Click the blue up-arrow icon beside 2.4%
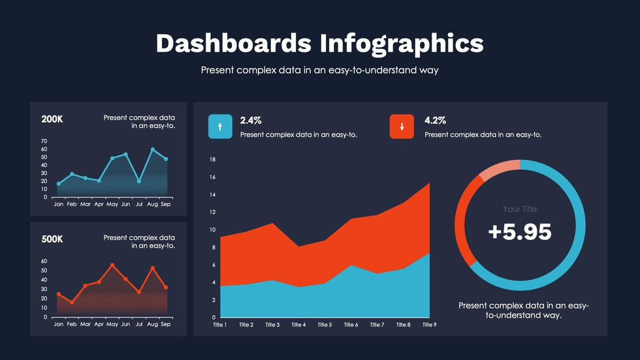pyautogui.click(x=220, y=127)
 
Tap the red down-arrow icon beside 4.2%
pyautogui.click(x=402, y=127)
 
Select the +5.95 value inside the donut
pyautogui.click(x=520, y=232)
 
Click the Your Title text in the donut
pyautogui.click(x=520, y=209)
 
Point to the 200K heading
pyautogui.click(x=52, y=120)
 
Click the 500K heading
pyautogui.click(x=52, y=239)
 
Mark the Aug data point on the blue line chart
pyautogui.click(x=153, y=150)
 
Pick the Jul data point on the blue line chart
pyautogui.click(x=139, y=181)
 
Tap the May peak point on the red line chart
pyautogui.click(x=112, y=265)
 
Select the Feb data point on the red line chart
pyautogui.click(x=72, y=303)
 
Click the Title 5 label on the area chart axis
pyautogui.click(x=325, y=325)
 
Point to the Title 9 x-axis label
pyautogui.click(x=429, y=325)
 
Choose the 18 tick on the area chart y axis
pyautogui.click(x=212, y=159)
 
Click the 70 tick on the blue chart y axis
pyautogui.click(x=44, y=141)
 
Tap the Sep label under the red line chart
pyautogui.click(x=166, y=324)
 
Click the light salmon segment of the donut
pyautogui.click(x=500, y=169)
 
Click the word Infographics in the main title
pyautogui.click(x=402, y=44)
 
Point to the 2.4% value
pyautogui.click(x=251, y=120)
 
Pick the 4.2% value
pyautogui.click(x=435, y=120)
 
